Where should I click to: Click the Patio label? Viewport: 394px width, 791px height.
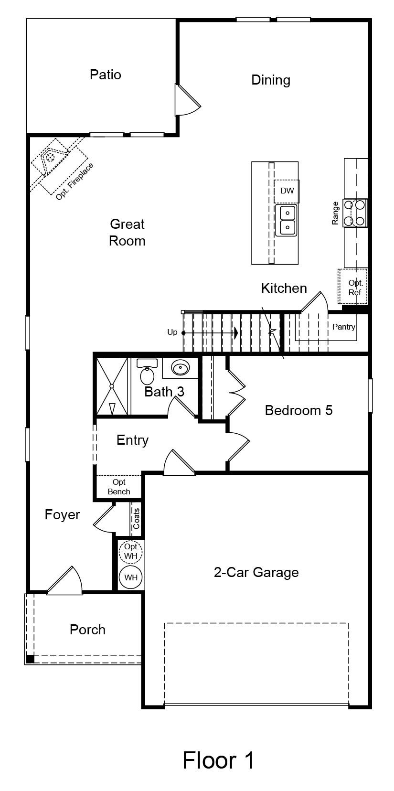click(x=105, y=75)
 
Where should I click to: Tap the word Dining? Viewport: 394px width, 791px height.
click(x=271, y=80)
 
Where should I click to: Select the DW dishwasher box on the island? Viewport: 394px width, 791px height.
click(x=287, y=191)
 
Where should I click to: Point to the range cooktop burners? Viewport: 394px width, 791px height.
click(x=354, y=213)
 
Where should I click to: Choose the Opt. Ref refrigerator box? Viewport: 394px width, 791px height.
click(x=353, y=287)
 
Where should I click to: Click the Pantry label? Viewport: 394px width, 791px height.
click(x=343, y=327)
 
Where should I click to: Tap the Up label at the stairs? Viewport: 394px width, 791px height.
click(x=172, y=332)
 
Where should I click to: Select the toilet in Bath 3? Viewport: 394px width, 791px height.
click(x=147, y=372)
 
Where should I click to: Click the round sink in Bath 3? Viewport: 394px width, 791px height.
click(x=181, y=368)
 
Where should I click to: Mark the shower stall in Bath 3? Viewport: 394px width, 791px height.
click(x=112, y=386)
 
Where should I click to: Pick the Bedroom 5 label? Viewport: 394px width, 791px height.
click(x=298, y=410)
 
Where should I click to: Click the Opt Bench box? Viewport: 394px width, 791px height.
click(x=118, y=487)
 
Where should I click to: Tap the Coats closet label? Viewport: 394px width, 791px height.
click(x=136, y=519)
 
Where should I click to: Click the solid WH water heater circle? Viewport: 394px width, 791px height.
click(x=131, y=577)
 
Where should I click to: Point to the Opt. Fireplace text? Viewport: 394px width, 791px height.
click(x=75, y=182)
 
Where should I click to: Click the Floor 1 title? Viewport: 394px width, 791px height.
click(x=218, y=760)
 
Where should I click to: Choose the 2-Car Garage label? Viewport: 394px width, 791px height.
click(x=256, y=572)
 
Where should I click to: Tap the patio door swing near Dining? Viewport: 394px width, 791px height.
click(x=188, y=100)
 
